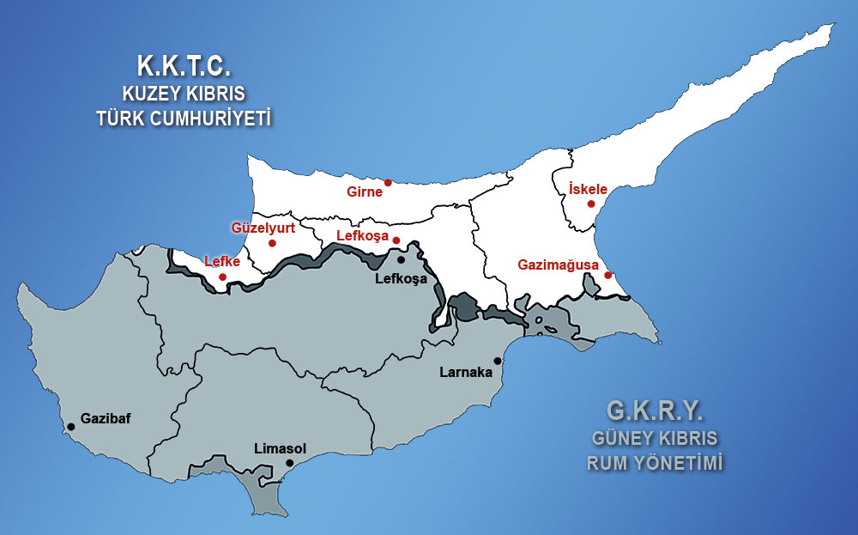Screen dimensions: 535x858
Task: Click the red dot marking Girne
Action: click(x=388, y=182)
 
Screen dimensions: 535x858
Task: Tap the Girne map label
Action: click(x=365, y=192)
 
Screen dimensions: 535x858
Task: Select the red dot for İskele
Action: click(x=590, y=204)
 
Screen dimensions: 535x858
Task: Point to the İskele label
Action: click(x=588, y=189)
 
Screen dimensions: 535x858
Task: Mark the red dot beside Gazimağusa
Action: click(x=607, y=276)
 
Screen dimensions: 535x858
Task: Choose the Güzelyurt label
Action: click(x=263, y=228)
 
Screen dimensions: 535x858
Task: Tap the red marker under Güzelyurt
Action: click(x=272, y=243)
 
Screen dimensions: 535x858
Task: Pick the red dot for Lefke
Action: click(x=222, y=277)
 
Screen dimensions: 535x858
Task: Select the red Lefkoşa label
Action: click(x=362, y=236)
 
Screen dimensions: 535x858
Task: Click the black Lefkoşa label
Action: click(x=402, y=279)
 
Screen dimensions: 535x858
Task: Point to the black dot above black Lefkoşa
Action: click(x=401, y=259)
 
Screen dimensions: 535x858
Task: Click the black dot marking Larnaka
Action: click(x=497, y=361)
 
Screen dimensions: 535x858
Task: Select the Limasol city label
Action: click(x=280, y=448)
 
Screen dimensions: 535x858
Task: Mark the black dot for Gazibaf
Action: click(x=70, y=426)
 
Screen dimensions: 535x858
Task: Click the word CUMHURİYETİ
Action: click(x=219, y=119)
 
